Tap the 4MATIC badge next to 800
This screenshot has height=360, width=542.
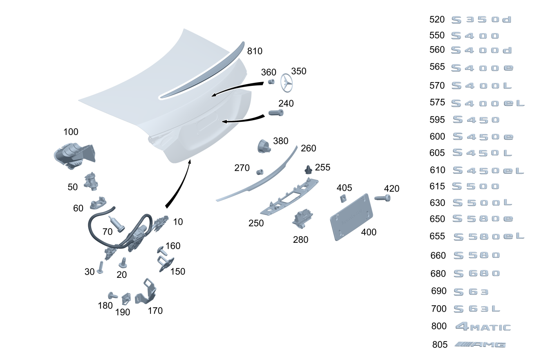(483, 326)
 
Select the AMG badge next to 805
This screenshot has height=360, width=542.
(480, 344)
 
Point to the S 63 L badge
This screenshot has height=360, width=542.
(477, 309)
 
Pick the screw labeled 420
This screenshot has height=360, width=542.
(382, 199)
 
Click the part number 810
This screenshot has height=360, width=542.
(255, 51)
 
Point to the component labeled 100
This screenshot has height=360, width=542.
(74, 155)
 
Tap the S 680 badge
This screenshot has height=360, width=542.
(477, 273)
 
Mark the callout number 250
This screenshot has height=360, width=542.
(256, 223)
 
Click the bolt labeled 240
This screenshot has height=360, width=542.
(276, 112)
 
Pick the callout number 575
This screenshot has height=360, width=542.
(437, 103)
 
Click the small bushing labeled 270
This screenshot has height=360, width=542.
(259, 171)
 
